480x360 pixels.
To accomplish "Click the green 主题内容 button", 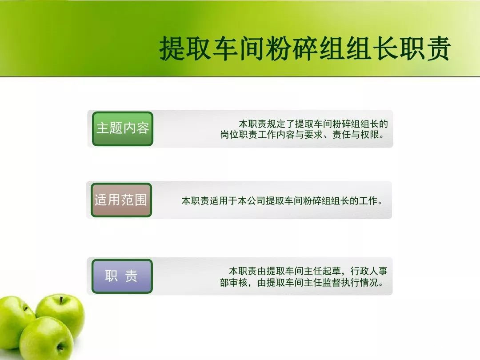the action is point(123,128).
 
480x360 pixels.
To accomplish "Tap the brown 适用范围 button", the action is point(121,200).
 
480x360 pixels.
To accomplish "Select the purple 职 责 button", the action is point(122,276).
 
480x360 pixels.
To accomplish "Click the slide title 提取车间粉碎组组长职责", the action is point(304,48).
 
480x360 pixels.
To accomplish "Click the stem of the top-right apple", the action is point(61,300).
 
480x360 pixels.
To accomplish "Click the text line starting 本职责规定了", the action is point(313,124).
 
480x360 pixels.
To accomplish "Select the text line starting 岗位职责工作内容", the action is point(302,135).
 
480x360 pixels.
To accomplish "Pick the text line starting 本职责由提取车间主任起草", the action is point(308,271).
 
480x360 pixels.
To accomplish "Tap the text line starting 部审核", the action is point(301,282).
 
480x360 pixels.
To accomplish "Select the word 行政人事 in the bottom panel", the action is point(369,271).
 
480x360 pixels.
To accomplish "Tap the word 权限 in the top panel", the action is point(369,135).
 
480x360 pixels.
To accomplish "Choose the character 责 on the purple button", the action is point(131,276).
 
